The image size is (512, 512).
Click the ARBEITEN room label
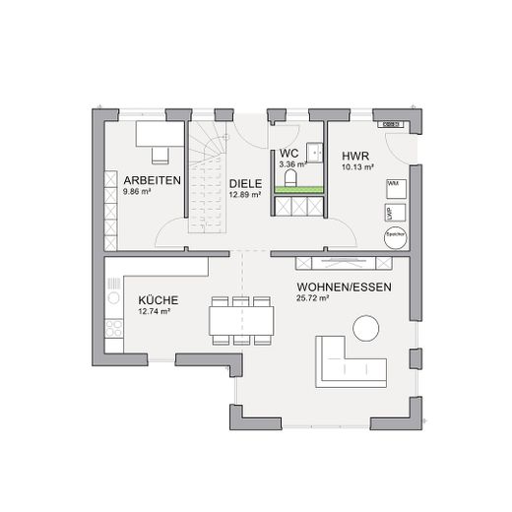(x=151, y=181)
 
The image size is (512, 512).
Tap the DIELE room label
(x=245, y=183)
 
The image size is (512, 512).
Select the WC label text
(x=288, y=154)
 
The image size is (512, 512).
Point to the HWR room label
(x=355, y=157)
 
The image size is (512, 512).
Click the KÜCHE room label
(x=158, y=299)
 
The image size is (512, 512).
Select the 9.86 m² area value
(x=138, y=192)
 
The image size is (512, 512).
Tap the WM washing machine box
(x=393, y=184)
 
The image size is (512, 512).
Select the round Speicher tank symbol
(x=396, y=234)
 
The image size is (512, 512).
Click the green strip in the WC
(x=298, y=190)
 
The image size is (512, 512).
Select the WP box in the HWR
(x=391, y=212)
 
